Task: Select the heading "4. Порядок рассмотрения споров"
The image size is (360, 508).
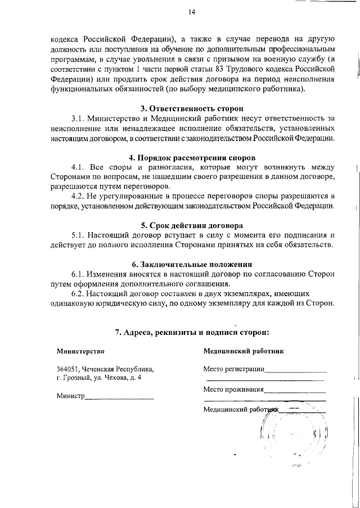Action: (x=192, y=158)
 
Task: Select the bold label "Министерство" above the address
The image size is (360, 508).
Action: (x=80, y=351)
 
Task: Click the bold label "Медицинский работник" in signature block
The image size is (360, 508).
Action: (x=243, y=351)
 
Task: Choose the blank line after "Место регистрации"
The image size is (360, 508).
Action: (x=295, y=371)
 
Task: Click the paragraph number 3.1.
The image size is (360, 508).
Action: (x=78, y=119)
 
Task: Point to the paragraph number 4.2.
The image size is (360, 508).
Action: (x=78, y=196)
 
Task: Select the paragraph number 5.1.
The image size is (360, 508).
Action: (x=78, y=235)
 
